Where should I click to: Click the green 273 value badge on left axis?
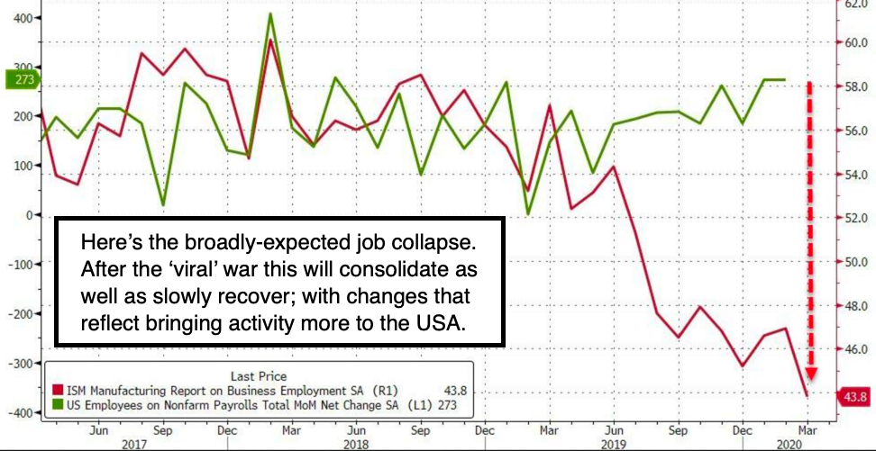tap(19, 80)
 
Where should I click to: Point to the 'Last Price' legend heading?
tap(259, 374)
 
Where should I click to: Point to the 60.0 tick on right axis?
tap(855, 42)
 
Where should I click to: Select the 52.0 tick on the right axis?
tap(855, 218)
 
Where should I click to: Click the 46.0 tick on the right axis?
tap(855, 349)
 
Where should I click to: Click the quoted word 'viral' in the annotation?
tap(237, 270)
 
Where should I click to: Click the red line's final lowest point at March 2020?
tap(806, 396)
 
